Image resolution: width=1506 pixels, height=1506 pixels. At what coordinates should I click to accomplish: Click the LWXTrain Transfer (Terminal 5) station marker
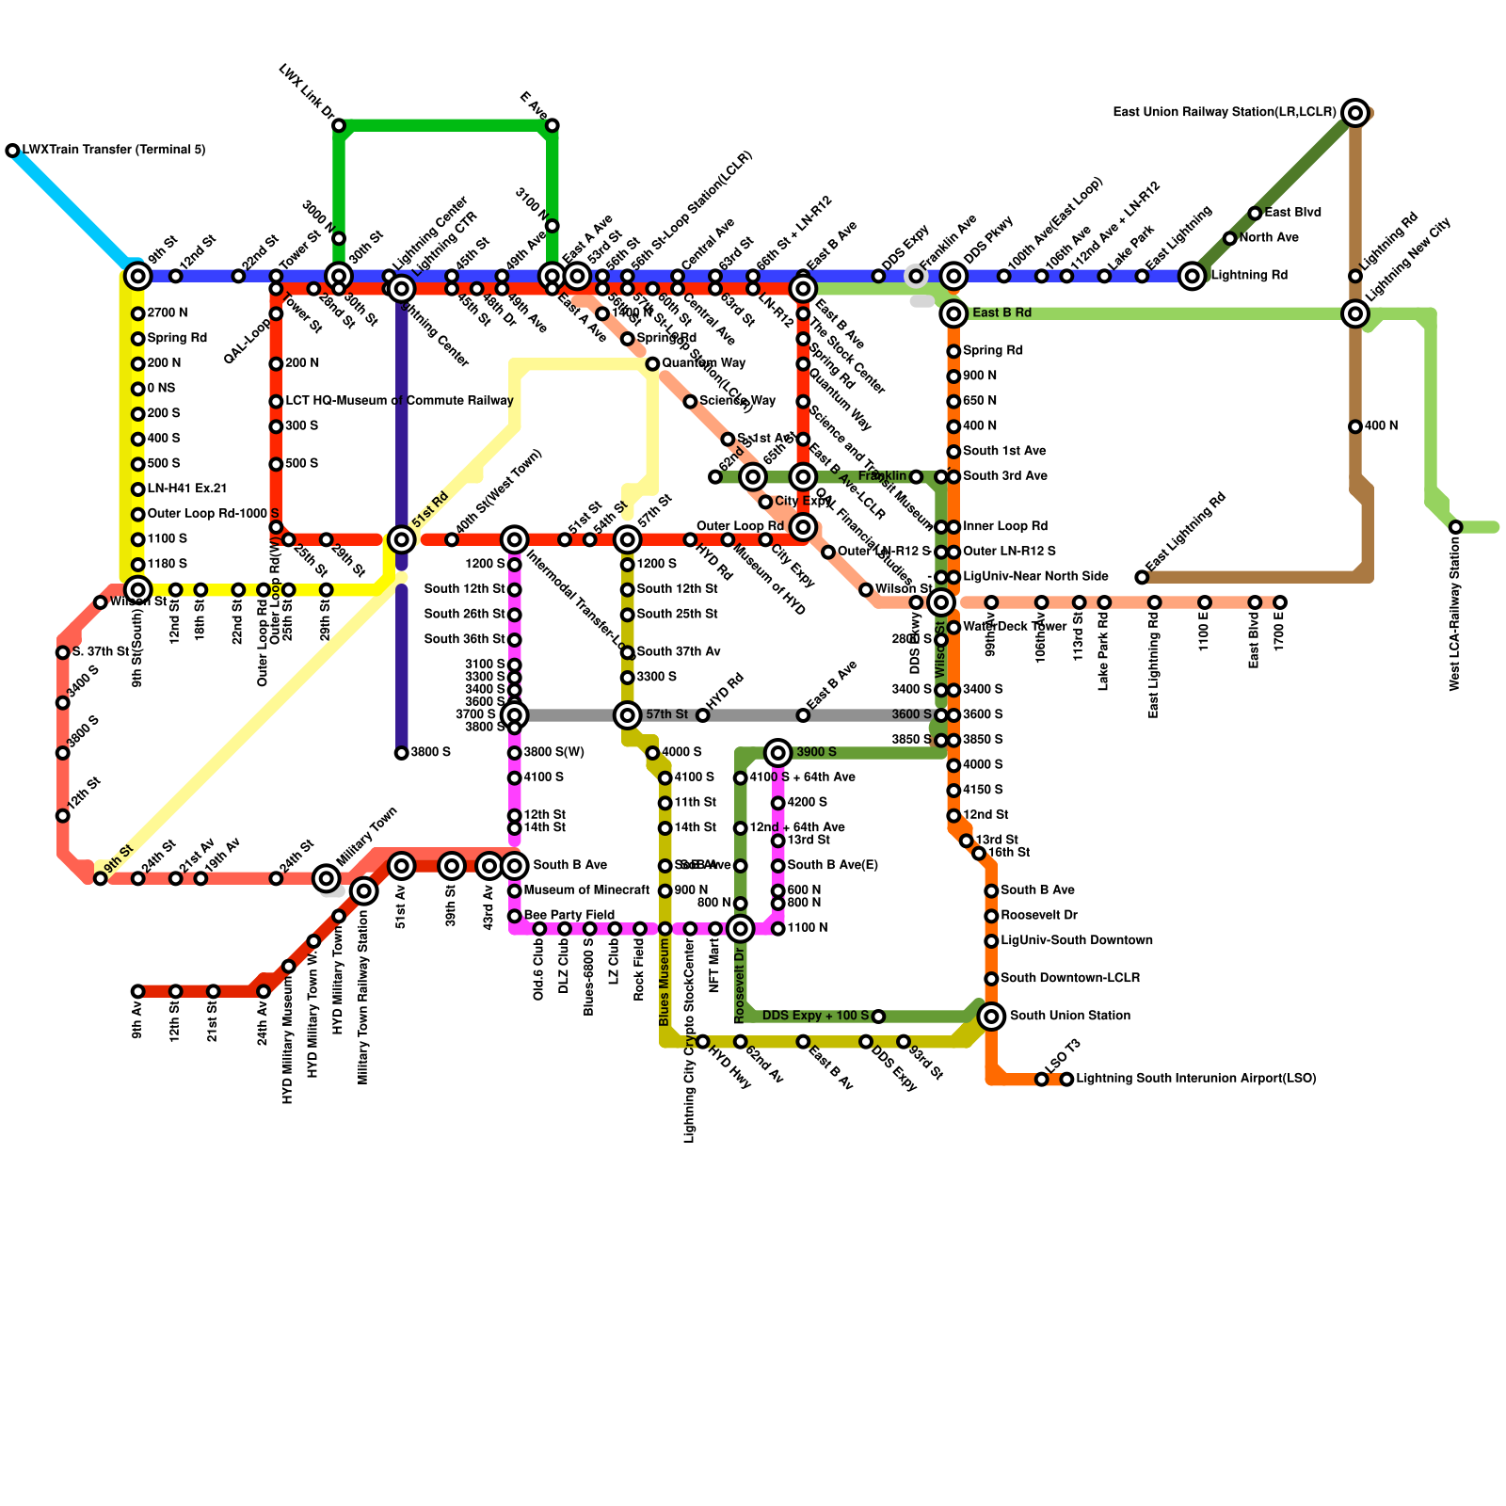click(x=12, y=151)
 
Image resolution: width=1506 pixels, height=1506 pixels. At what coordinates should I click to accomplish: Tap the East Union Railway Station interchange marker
click(x=1355, y=113)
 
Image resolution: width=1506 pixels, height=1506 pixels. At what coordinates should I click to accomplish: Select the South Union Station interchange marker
click(x=991, y=1016)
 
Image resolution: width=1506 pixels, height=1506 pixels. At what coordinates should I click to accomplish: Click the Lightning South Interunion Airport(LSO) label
click(x=1195, y=1079)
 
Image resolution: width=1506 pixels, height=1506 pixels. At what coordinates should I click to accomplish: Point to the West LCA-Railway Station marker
click(x=1455, y=527)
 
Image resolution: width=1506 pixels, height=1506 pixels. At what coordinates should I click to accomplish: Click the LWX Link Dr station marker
click(x=339, y=125)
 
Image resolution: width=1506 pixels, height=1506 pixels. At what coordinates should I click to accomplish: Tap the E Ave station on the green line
click(x=553, y=125)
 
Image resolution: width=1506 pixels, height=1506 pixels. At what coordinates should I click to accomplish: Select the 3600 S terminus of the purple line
click(x=402, y=753)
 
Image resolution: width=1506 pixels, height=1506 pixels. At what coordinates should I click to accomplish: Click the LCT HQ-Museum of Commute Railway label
click(x=399, y=401)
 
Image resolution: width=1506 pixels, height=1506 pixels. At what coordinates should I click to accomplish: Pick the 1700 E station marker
click(x=1280, y=602)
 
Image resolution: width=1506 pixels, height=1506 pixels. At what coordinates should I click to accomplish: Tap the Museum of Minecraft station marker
click(x=515, y=890)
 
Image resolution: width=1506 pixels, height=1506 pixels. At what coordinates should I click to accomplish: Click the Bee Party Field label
click(x=569, y=915)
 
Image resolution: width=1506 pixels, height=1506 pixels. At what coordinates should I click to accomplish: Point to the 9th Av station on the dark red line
click(x=138, y=991)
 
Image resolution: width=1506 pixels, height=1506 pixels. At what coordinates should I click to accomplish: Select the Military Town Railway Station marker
click(x=364, y=890)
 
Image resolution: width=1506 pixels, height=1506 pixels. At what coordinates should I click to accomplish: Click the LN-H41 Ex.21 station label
click(x=187, y=489)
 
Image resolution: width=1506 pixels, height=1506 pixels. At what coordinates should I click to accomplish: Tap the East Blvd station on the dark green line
click(x=1255, y=214)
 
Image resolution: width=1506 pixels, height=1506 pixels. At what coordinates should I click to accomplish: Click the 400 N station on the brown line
click(x=1355, y=426)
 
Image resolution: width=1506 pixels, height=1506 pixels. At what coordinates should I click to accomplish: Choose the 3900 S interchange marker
click(x=778, y=752)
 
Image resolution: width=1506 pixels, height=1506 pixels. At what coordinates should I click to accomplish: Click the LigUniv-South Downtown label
click(x=1076, y=940)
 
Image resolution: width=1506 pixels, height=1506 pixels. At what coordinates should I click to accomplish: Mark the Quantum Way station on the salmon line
click(x=652, y=363)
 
